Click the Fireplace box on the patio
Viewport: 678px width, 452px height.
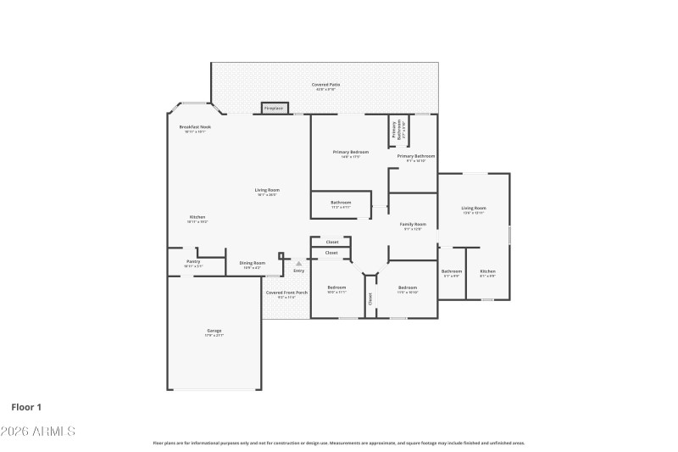coord(274,109)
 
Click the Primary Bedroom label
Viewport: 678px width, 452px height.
coord(351,153)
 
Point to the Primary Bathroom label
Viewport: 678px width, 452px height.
coord(416,157)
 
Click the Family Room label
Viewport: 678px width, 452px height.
coord(413,226)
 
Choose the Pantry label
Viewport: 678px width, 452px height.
coord(193,263)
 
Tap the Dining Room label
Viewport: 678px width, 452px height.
coord(252,264)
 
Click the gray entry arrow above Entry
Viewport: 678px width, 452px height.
coord(298,264)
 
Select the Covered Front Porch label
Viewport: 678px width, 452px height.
coord(286,294)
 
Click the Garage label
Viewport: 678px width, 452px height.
coord(214,332)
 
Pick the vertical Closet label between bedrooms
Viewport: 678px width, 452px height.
coord(370,299)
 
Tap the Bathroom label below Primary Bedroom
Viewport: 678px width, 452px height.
coord(341,204)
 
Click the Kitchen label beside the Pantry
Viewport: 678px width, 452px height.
coord(197,219)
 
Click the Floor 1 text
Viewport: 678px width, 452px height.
coord(26,407)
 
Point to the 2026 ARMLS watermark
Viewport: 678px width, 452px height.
coord(38,432)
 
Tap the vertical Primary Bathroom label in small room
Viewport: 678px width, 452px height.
coord(394,130)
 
